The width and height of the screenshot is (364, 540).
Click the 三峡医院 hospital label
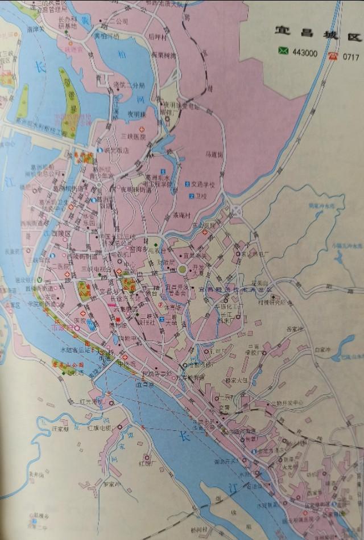134,137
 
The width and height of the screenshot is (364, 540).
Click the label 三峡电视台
95,269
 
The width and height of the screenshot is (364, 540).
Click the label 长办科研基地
68,22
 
